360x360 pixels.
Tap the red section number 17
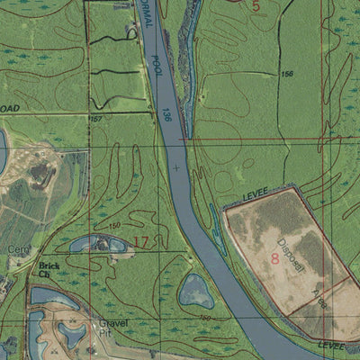tap(141, 241)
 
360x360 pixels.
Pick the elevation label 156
tap(287, 74)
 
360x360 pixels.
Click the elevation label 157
tap(94, 118)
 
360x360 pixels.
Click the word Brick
tap(49, 266)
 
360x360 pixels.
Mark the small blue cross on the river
tap(176, 167)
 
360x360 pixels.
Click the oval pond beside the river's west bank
tap(194, 291)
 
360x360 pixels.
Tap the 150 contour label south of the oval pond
tap(204, 318)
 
